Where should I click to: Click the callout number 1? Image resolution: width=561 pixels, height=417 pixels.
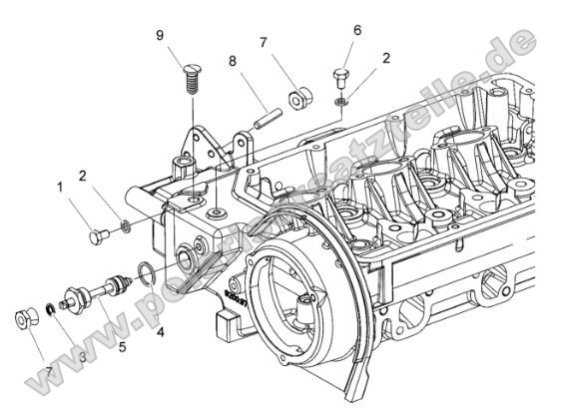click(x=59, y=186)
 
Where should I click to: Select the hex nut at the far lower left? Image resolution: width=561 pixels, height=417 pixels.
click(x=26, y=321)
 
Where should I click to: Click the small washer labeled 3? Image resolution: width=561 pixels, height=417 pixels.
click(x=49, y=309)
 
